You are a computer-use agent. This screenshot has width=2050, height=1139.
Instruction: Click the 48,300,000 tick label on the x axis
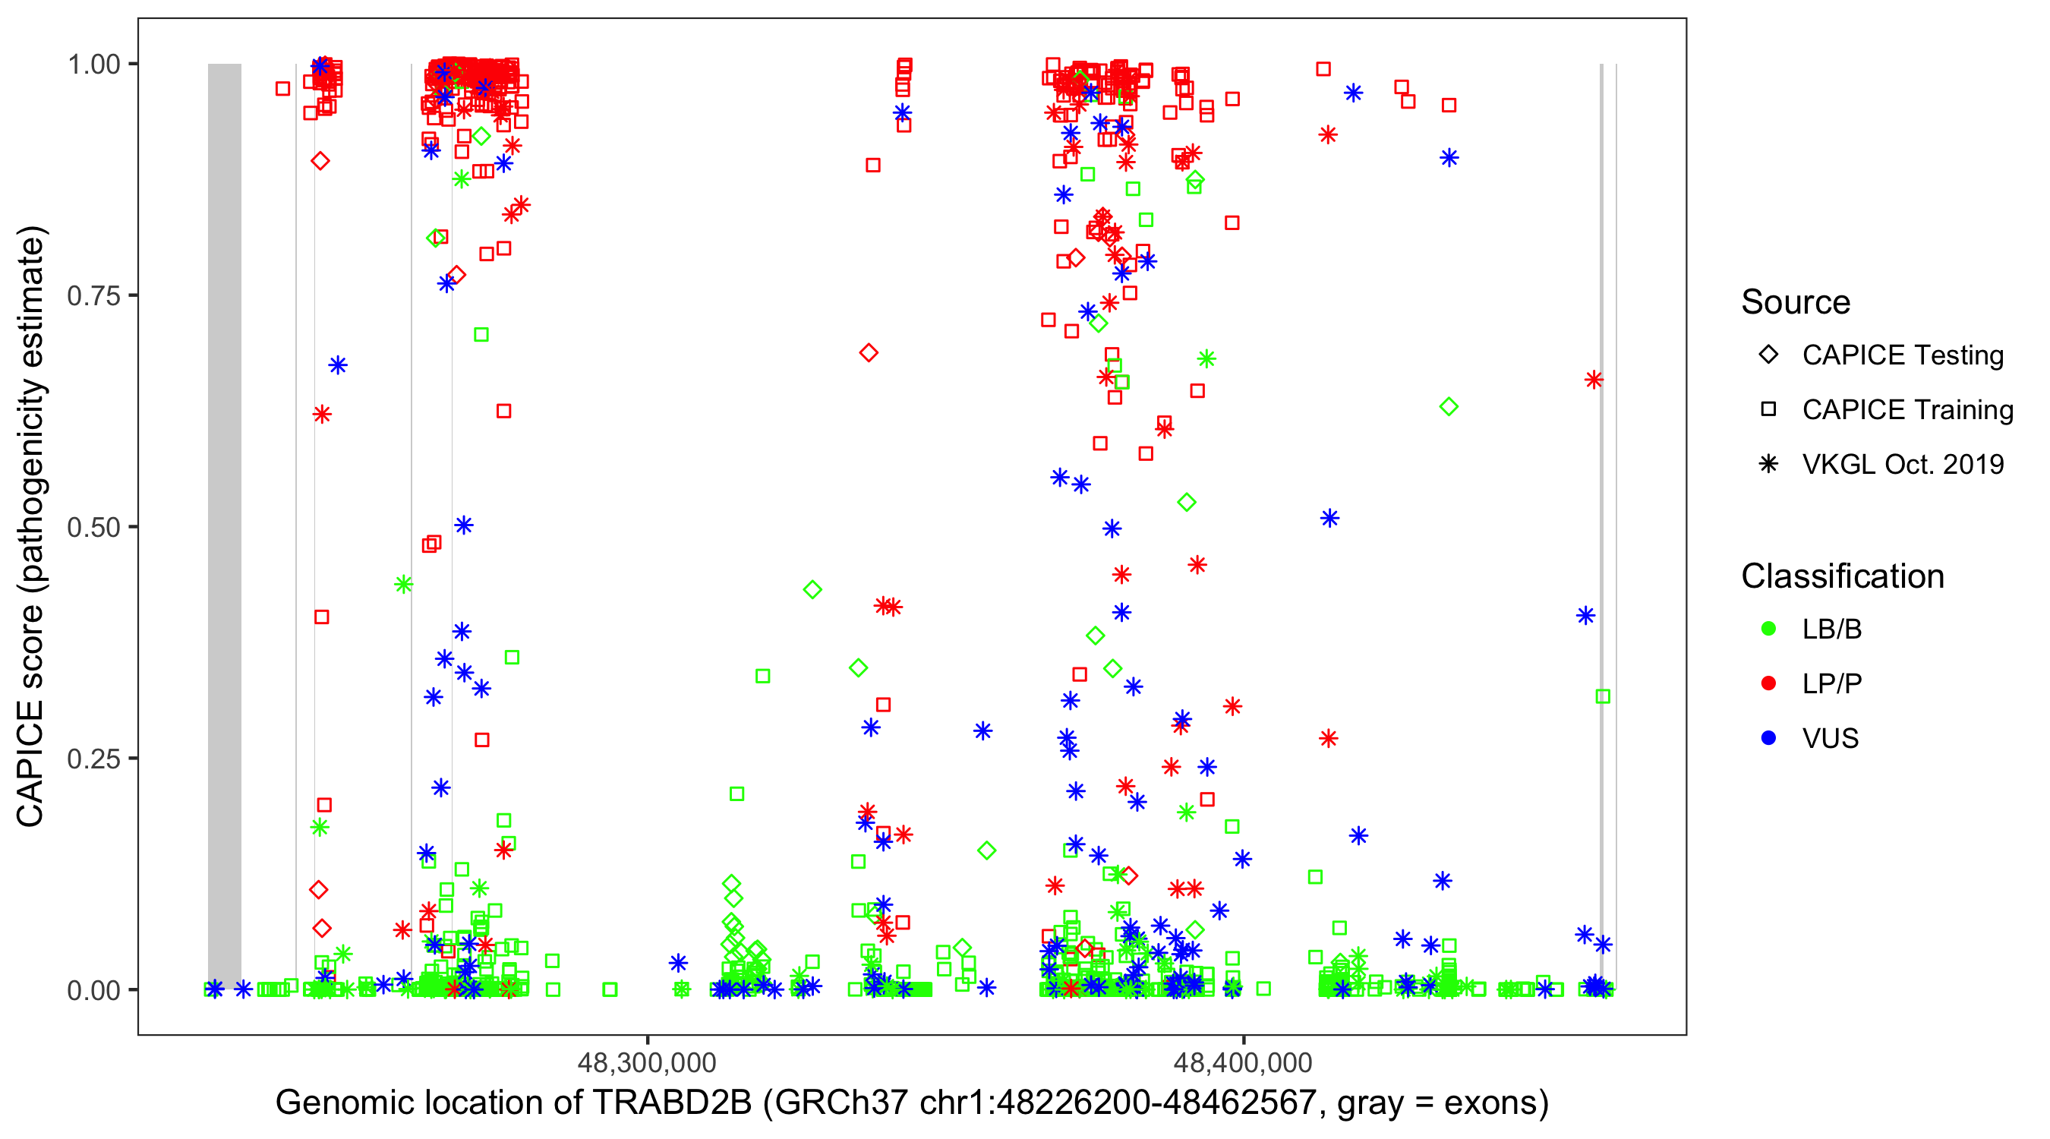pos(646,1062)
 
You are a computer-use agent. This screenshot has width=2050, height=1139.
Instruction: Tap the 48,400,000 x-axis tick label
pos(1242,1062)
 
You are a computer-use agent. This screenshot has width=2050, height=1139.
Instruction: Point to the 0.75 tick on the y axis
pos(93,295)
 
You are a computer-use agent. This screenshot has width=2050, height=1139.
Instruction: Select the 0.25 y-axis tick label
pos(93,759)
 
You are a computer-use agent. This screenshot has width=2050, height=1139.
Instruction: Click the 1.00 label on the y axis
pos(93,64)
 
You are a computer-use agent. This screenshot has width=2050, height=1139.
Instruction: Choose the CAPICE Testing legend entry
pos(1902,355)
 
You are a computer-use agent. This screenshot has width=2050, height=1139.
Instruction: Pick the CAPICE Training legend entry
pos(1906,410)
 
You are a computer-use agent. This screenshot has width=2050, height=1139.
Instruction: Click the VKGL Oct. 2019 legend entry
pos(1902,465)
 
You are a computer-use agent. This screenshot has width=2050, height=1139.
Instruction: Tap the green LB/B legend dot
pos(1768,629)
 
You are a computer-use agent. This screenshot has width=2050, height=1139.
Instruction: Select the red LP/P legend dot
pos(1768,683)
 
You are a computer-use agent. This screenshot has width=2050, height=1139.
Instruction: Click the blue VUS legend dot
pos(1768,738)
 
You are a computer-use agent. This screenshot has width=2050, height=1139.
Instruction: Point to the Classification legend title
pos(1842,576)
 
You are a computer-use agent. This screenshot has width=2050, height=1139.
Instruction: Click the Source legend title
pos(1796,301)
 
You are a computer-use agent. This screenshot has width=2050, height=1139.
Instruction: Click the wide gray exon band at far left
pos(225,525)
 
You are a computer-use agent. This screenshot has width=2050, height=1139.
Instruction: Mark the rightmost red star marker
pos(1593,380)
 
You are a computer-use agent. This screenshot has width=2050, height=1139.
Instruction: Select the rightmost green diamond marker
pos(1449,407)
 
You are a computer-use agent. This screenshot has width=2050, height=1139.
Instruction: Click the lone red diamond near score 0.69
pos(869,352)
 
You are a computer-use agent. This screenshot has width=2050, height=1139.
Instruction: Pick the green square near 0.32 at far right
pos(1603,696)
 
